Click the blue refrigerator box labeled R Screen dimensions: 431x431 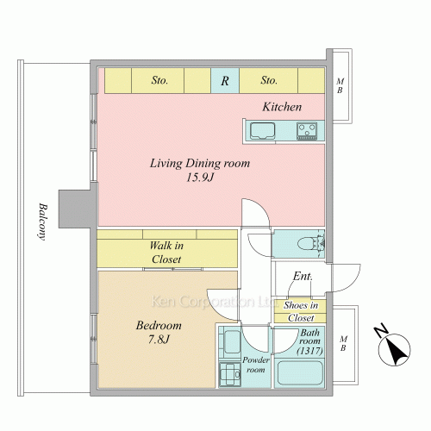point(225,80)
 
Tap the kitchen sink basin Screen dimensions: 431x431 point(262,131)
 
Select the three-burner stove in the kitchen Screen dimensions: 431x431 point(307,131)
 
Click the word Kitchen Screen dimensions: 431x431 point(282,107)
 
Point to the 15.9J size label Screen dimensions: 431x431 point(200,178)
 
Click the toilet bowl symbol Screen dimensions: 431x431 point(309,244)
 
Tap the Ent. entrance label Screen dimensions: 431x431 point(303,276)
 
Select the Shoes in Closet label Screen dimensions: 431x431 point(301,311)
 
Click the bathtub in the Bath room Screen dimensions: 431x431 point(300,372)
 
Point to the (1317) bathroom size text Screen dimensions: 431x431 point(309,351)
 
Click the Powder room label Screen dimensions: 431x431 point(256,365)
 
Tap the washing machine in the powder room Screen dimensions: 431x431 point(229,374)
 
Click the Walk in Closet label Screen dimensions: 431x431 point(166,253)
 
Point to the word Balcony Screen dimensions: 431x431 point(43,222)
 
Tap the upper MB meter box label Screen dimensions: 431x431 point(340,85)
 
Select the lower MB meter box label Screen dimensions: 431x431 point(343,343)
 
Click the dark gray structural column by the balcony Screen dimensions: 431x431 point(75,209)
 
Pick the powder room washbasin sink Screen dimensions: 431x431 point(231,342)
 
